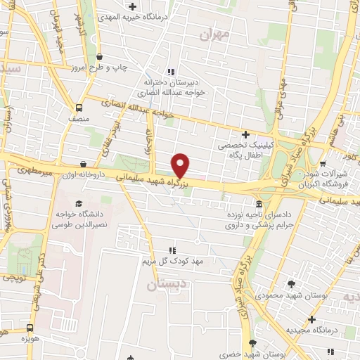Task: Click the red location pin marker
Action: (181, 165)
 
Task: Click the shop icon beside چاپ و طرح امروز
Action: (100, 57)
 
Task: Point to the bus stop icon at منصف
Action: (79, 108)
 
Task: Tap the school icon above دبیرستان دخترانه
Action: (170, 72)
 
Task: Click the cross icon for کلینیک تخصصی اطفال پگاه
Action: (245, 134)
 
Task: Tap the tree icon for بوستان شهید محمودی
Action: (292, 284)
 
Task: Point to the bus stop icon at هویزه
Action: (30, 328)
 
